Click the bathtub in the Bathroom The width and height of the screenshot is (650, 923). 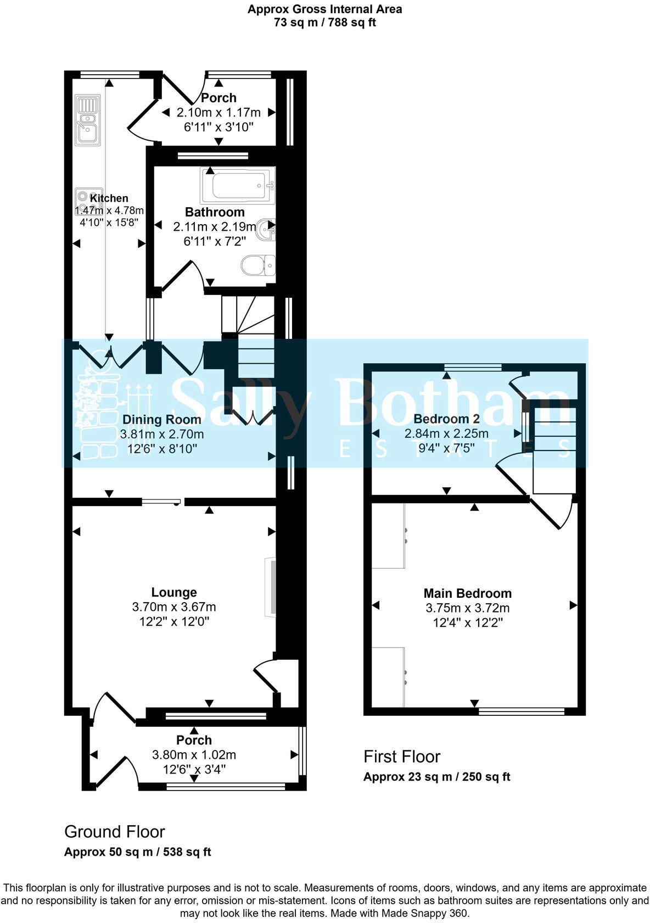pyautogui.click(x=238, y=186)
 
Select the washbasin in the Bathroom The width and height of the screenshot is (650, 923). pyautogui.click(x=268, y=229)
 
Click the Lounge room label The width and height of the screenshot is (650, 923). pyautogui.click(x=174, y=592)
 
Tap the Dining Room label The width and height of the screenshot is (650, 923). pyautogui.click(x=161, y=419)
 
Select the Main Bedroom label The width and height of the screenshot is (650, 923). pyautogui.click(x=467, y=593)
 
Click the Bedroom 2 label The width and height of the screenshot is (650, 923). pyautogui.click(x=446, y=418)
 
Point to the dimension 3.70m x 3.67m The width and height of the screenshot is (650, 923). pyautogui.click(x=174, y=607)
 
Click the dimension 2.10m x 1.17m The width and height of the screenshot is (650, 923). pyautogui.click(x=218, y=113)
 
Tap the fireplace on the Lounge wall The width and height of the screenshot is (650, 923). pyautogui.click(x=270, y=587)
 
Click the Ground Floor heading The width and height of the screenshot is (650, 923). pyautogui.click(x=114, y=832)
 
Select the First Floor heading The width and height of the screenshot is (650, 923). pyautogui.click(x=402, y=757)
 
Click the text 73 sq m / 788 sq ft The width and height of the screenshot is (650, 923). pyautogui.click(x=324, y=23)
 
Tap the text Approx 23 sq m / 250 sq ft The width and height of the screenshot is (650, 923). pyautogui.click(x=436, y=777)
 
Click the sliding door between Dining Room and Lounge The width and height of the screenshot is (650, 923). pyautogui.click(x=161, y=501)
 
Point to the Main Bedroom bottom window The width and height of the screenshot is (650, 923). pyautogui.click(x=522, y=711)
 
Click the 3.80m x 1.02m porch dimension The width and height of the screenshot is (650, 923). pyautogui.click(x=194, y=755)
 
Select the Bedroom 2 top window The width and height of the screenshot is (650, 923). pyautogui.click(x=473, y=366)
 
